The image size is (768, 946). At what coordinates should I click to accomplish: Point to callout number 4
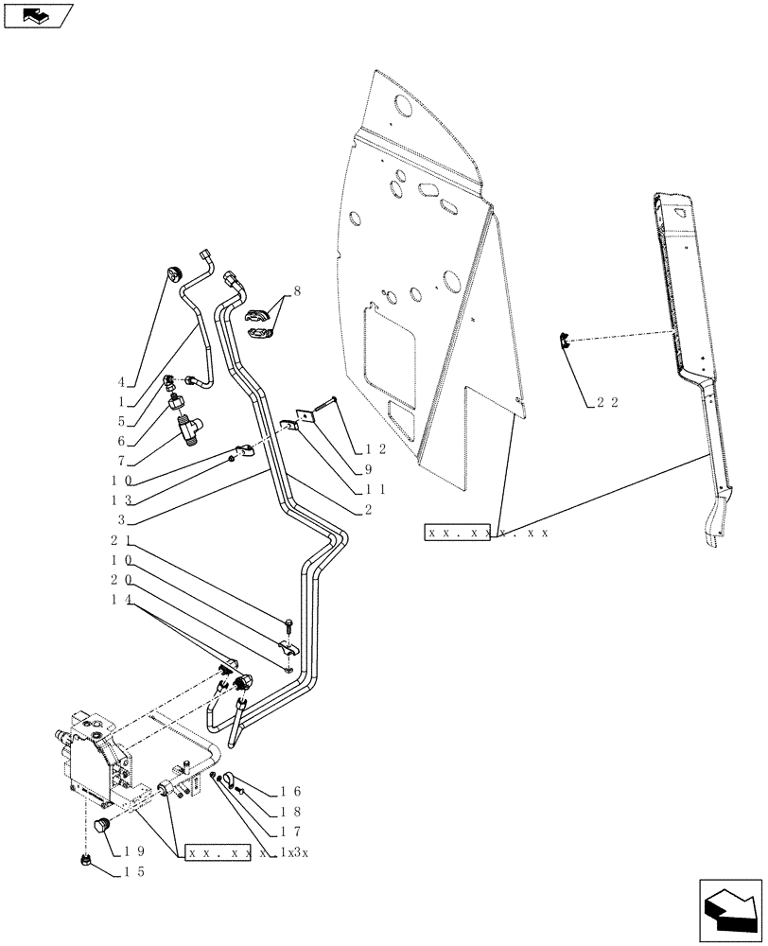pyautogui.click(x=121, y=383)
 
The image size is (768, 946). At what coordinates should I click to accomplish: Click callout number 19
pyautogui.click(x=134, y=851)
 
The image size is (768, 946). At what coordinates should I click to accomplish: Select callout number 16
pyautogui.click(x=289, y=790)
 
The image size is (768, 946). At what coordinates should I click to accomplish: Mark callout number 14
pyautogui.click(x=120, y=600)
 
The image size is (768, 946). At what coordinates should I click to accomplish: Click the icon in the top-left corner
pyautogui.click(x=37, y=15)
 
